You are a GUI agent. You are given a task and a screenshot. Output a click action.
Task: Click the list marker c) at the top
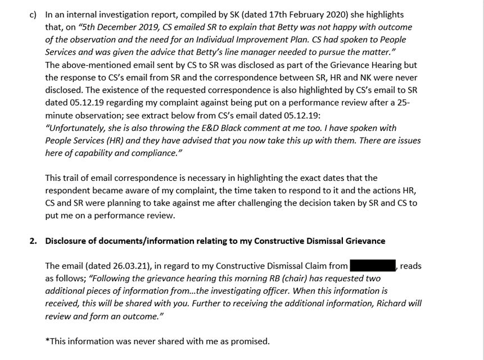point(33,15)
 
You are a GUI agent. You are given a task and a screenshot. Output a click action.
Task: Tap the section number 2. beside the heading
point(33,241)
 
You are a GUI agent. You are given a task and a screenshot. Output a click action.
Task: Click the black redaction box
point(373,266)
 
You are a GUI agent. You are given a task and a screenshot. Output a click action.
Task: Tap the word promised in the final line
point(251,341)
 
